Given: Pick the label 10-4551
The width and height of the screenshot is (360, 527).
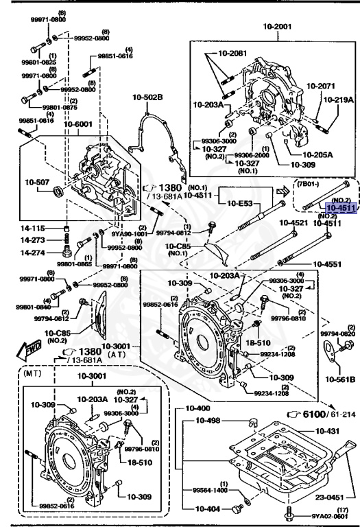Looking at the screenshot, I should [329, 263].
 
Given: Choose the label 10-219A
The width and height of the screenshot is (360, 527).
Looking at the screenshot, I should [339, 99].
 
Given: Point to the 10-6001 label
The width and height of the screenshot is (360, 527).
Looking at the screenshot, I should [80, 124].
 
